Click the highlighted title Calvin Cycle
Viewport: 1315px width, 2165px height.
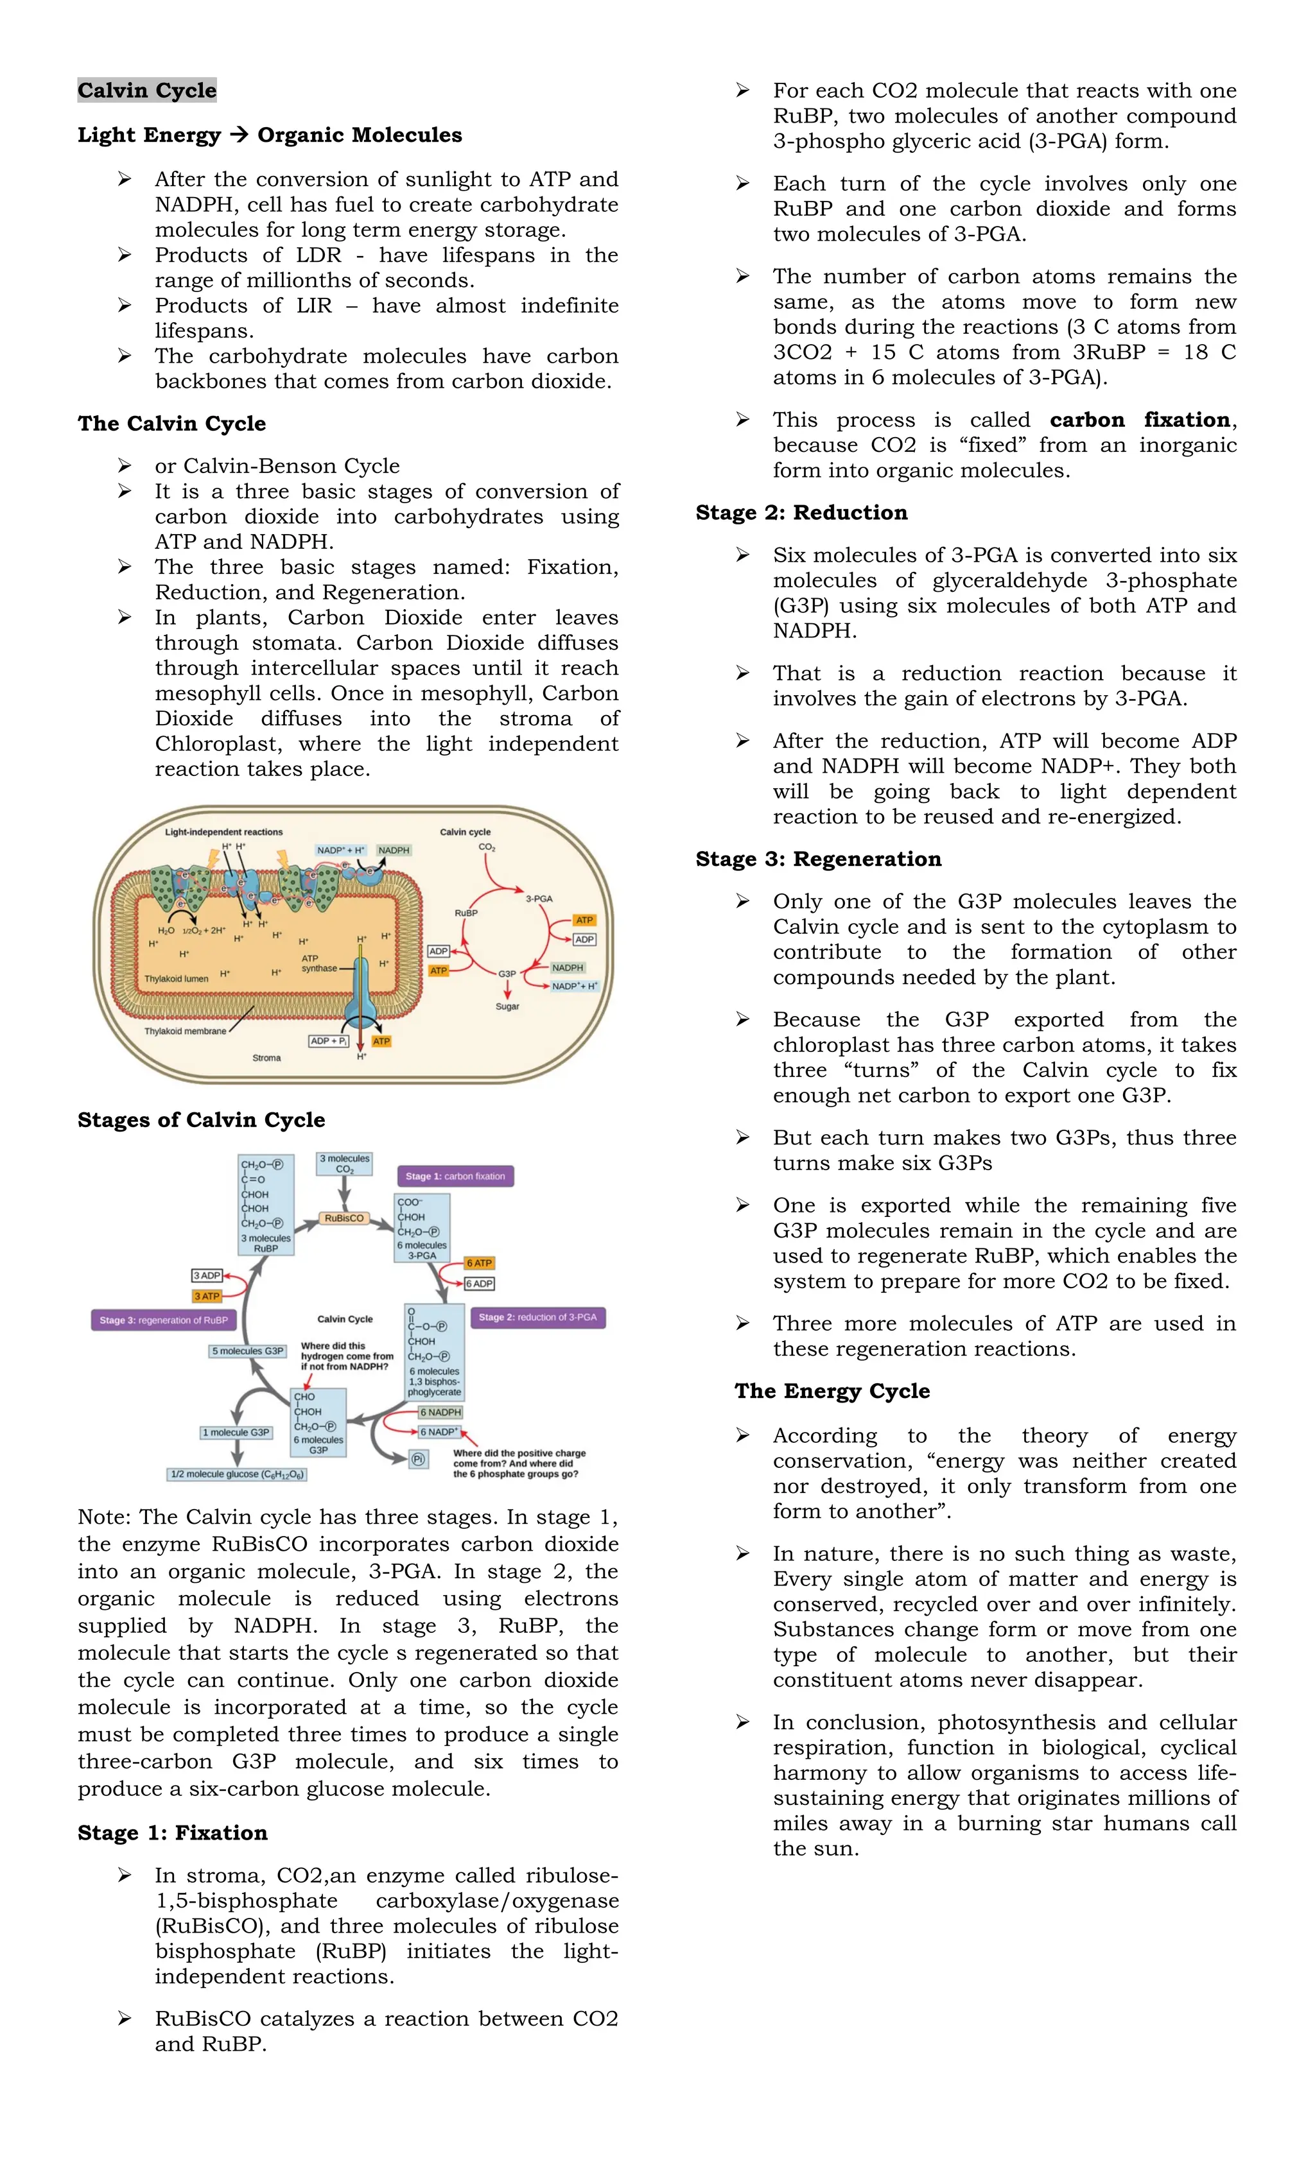(x=147, y=91)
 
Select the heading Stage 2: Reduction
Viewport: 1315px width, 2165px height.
(x=801, y=513)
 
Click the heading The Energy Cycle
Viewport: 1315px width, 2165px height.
(x=832, y=1391)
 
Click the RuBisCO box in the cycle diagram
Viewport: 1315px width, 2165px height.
(x=344, y=1218)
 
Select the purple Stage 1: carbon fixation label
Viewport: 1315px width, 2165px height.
(x=455, y=1176)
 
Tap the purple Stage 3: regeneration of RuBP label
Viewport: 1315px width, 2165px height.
(x=164, y=1320)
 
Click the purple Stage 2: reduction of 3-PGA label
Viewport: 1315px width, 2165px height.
(x=537, y=1317)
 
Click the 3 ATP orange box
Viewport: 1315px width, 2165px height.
(x=207, y=1296)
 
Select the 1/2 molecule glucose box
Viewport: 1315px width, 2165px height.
(x=236, y=1474)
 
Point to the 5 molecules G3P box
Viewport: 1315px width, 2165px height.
(x=247, y=1350)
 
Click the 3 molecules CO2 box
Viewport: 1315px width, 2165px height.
(x=345, y=1163)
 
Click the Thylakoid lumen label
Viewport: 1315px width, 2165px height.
(x=176, y=979)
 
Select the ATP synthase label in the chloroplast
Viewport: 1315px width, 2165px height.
(x=318, y=963)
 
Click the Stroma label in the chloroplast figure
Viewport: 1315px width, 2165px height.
(x=266, y=1058)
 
